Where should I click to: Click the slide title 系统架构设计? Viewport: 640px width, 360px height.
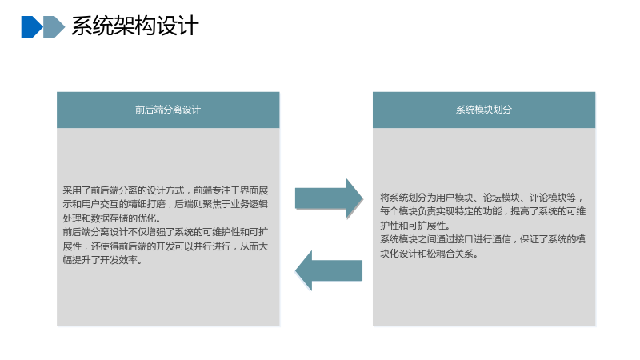[x=134, y=26]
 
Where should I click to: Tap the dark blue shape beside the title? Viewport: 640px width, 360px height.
[x=31, y=27]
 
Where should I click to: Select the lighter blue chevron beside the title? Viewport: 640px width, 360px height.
[x=54, y=27]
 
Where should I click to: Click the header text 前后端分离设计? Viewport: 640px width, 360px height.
[x=168, y=110]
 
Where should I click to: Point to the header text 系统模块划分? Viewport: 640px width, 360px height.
[x=484, y=110]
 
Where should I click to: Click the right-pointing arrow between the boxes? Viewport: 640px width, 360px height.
[x=329, y=198]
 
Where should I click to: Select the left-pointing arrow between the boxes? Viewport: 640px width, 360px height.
[x=329, y=270]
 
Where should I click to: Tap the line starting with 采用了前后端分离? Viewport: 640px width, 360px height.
[x=166, y=190]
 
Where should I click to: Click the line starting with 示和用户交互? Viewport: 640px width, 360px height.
[x=166, y=204]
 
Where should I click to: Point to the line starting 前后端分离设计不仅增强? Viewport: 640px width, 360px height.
[x=166, y=232]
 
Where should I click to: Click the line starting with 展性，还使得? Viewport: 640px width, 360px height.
[x=166, y=246]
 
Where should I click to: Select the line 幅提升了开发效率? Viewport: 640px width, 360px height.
[x=102, y=260]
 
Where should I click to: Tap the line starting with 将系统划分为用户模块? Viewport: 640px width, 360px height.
[x=482, y=198]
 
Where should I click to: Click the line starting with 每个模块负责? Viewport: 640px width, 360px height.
[x=483, y=211]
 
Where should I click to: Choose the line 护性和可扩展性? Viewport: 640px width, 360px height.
[x=415, y=226]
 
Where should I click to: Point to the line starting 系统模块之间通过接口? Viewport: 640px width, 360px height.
[x=483, y=239]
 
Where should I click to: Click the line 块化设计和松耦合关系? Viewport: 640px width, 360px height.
[x=429, y=254]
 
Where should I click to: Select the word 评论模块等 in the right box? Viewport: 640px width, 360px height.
[x=553, y=198]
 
